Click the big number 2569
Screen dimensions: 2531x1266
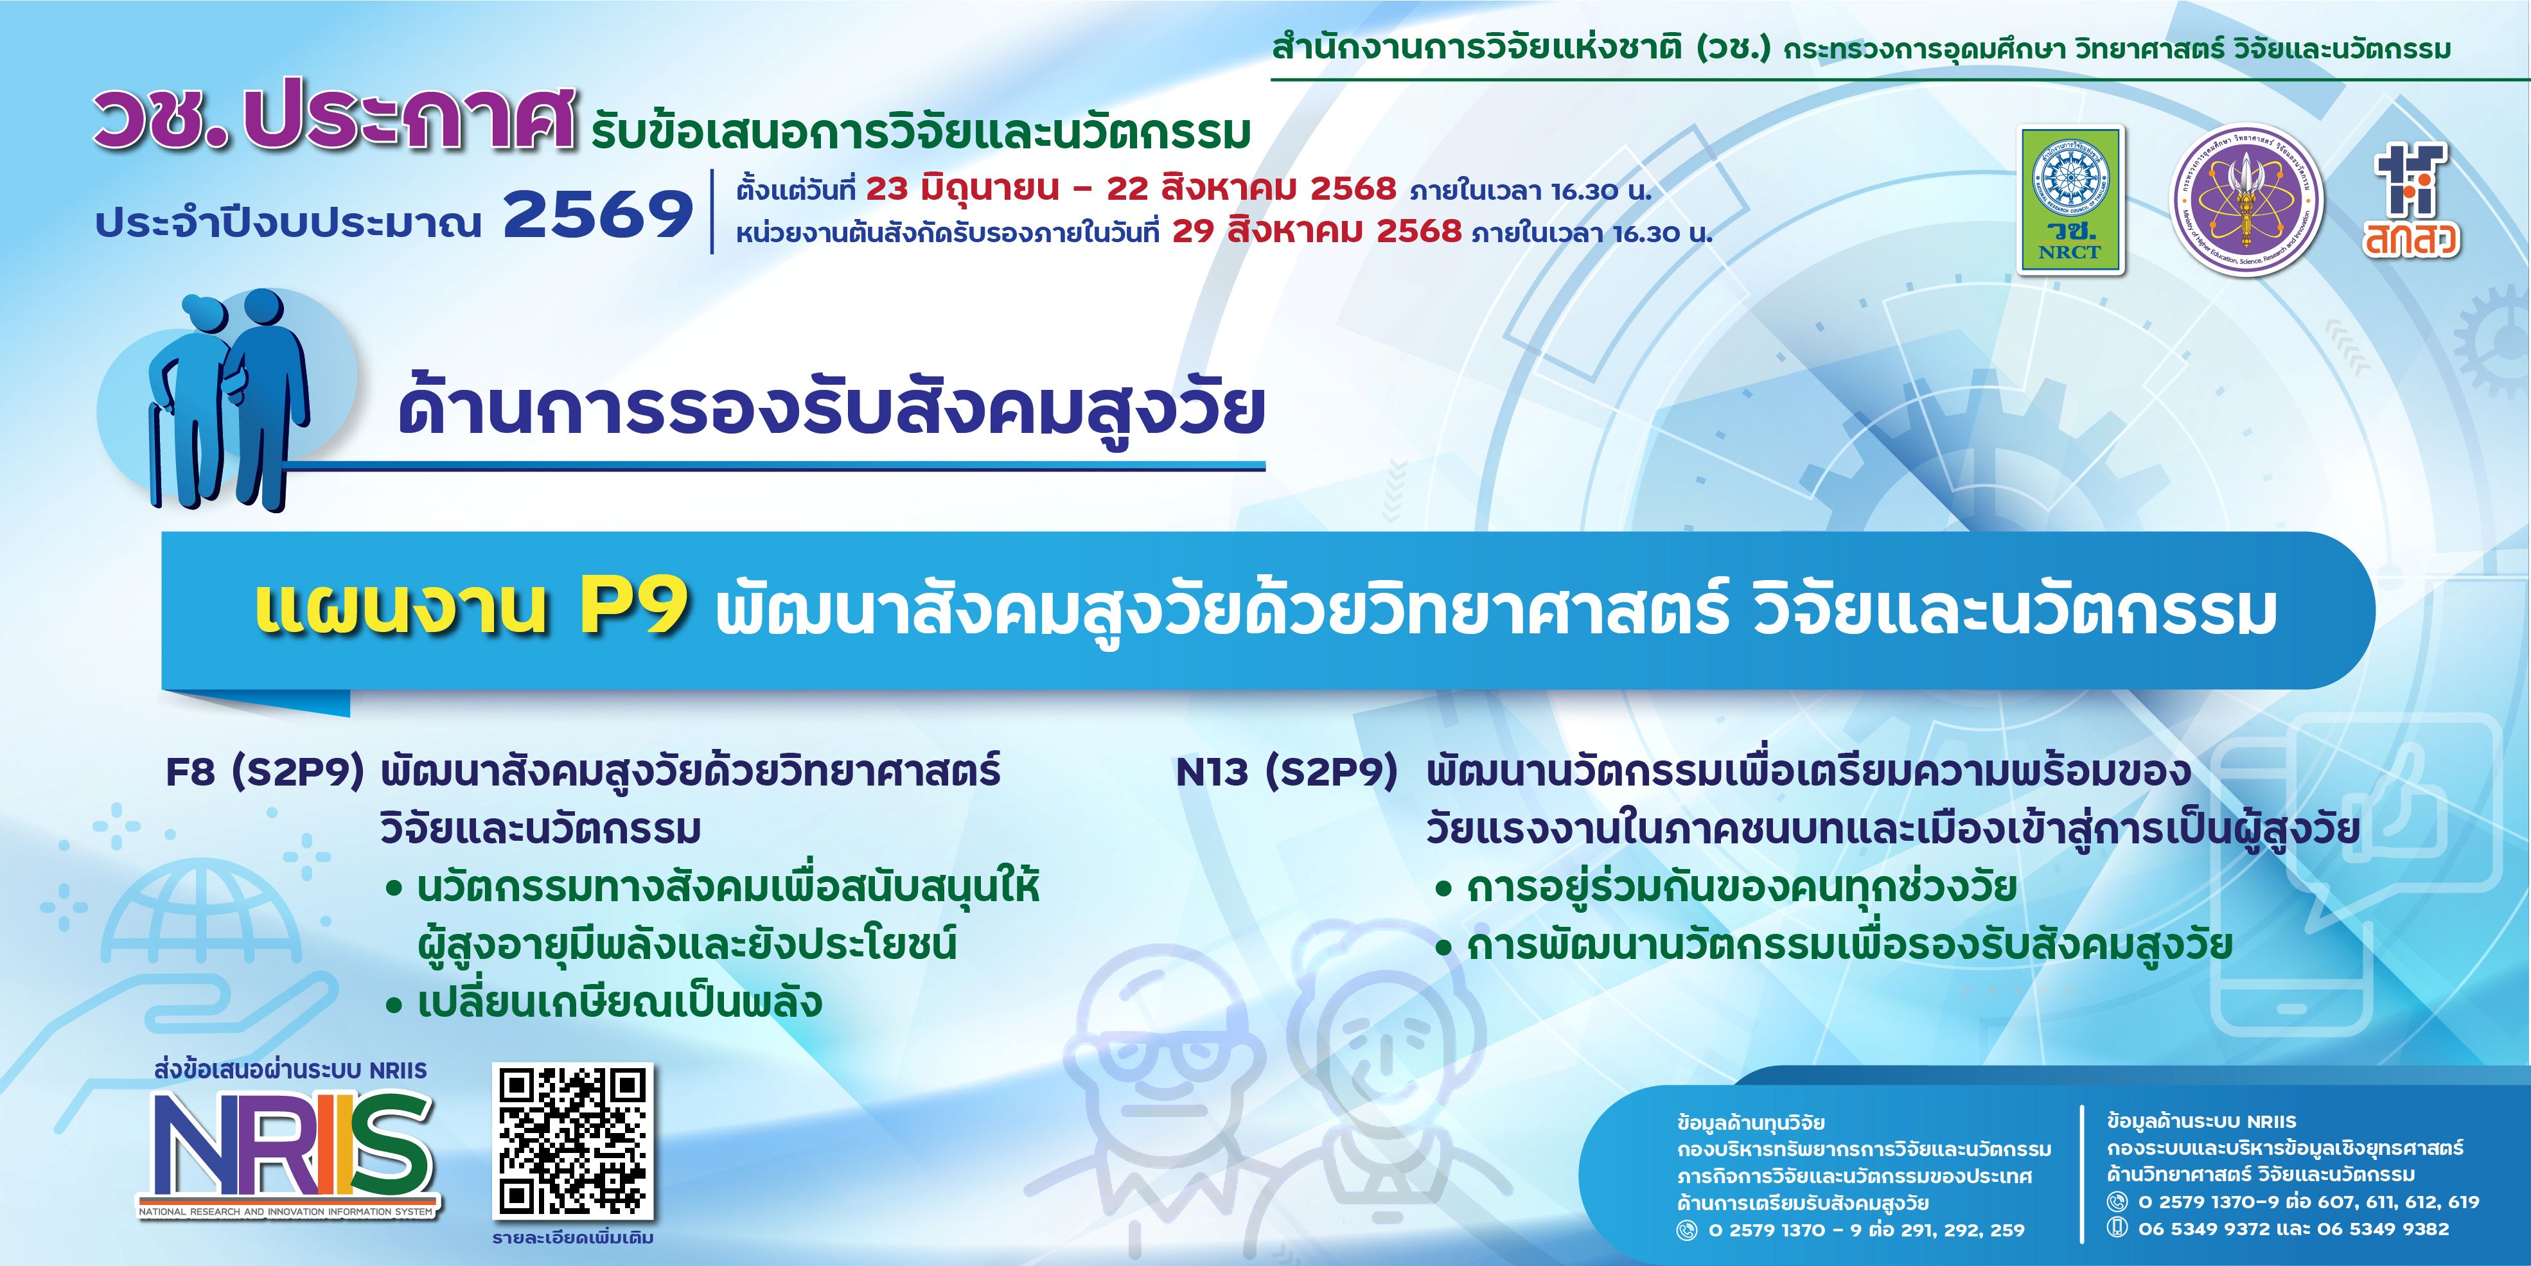pos(598,215)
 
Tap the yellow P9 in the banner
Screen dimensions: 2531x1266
pos(631,611)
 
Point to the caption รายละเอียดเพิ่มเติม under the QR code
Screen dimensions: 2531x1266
pos(573,1238)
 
